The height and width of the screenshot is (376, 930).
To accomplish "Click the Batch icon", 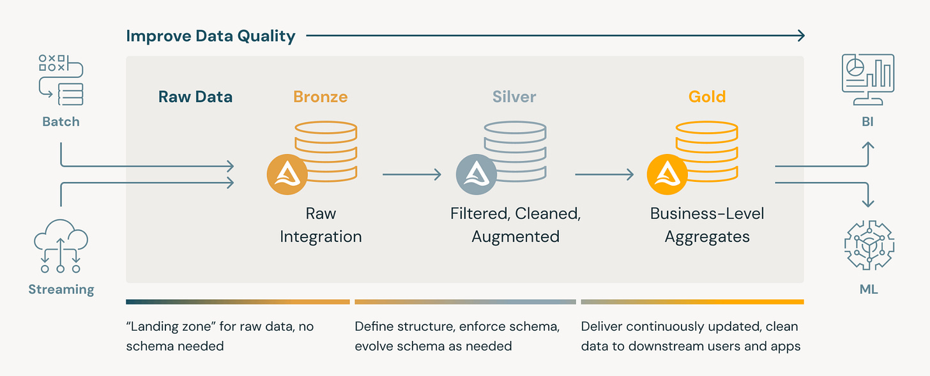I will coord(61,80).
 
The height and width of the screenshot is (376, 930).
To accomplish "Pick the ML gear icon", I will coord(869,246).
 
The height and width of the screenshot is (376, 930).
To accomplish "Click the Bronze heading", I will coord(320,97).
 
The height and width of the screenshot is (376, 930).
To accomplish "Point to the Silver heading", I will coord(514,97).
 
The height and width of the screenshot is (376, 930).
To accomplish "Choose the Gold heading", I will coord(707,97).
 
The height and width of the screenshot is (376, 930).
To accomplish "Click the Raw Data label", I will coord(195,97).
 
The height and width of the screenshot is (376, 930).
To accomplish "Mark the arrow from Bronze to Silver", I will coord(412,174).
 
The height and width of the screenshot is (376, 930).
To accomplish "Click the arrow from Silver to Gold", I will coord(604,174).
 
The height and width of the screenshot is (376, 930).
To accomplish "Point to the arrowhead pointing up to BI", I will coord(867,146).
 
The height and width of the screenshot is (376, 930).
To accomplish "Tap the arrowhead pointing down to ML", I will coord(867,203).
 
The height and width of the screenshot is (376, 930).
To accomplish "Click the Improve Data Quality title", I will coord(211,36).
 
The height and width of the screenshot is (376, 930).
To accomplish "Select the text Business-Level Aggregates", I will coord(707,225).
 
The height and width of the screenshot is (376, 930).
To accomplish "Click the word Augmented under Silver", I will coord(515,236).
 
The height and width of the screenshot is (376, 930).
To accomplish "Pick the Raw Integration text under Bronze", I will coord(321,225).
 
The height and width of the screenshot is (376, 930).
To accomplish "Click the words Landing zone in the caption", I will coord(169,327).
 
